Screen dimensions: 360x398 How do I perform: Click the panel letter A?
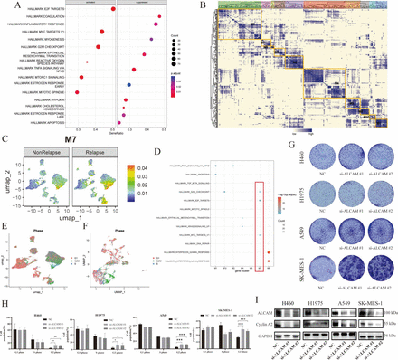click(x=5, y=5)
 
